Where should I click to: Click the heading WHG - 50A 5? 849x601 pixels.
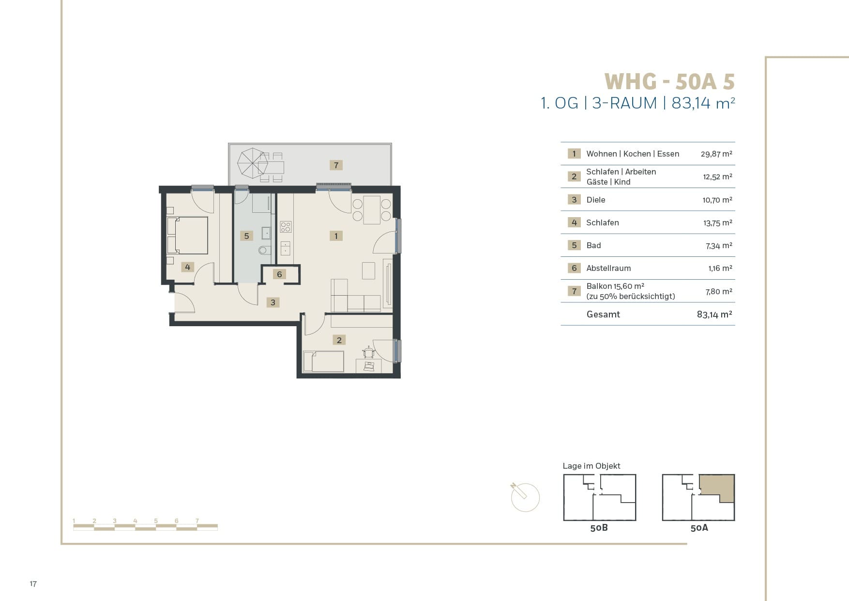tap(669, 81)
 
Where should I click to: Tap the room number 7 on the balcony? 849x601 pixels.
tap(336, 165)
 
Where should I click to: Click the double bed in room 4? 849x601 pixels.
tap(187, 236)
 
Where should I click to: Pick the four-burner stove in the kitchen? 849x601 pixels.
tap(286, 226)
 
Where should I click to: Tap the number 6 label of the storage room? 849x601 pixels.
tap(279, 274)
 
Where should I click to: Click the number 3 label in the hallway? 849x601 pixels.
tap(273, 302)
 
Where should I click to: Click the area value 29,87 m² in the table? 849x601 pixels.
tap(716, 154)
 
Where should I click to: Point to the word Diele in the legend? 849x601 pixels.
tap(596, 200)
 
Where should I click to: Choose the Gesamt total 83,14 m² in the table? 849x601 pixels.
tap(714, 314)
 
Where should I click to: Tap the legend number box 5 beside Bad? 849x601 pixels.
tap(574, 245)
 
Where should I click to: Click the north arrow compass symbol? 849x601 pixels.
tap(525, 496)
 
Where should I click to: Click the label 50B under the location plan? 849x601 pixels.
tap(599, 528)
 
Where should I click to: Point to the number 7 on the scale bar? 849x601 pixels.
tap(197, 521)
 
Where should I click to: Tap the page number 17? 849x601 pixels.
tap(33, 584)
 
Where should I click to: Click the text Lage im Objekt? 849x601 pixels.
tap(591, 466)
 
